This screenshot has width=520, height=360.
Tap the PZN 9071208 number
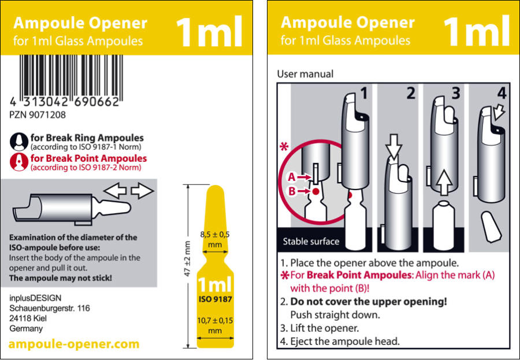(x=38, y=115)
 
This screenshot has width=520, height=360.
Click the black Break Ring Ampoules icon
(x=19, y=142)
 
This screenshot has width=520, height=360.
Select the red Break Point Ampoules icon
(x=19, y=162)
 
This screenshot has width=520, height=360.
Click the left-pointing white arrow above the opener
(x=115, y=191)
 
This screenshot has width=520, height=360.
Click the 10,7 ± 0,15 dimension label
(x=215, y=325)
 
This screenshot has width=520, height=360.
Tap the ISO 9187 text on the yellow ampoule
(x=216, y=299)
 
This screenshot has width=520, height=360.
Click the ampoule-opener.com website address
(x=74, y=344)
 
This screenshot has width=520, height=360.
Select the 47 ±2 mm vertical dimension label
(x=187, y=258)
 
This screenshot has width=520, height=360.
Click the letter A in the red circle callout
(x=292, y=177)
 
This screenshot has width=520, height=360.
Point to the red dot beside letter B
(x=315, y=191)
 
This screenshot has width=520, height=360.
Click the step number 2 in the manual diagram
(x=411, y=93)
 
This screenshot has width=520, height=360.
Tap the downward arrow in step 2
(x=394, y=147)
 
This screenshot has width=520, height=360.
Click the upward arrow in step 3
(x=444, y=182)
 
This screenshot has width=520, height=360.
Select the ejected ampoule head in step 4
(x=491, y=227)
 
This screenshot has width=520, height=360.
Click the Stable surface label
(x=311, y=241)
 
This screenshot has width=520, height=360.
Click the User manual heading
(x=305, y=73)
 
